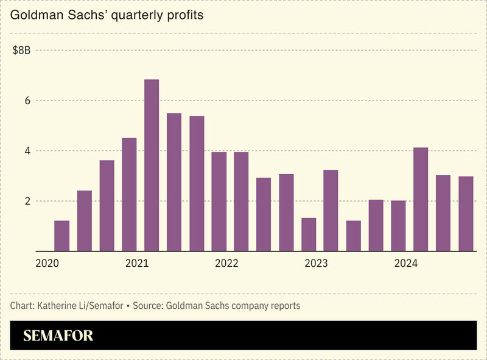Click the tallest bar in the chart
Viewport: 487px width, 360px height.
(x=152, y=165)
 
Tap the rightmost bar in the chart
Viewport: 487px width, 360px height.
(x=466, y=214)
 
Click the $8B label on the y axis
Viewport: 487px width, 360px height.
(x=21, y=51)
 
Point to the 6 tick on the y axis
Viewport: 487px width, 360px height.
(x=26, y=101)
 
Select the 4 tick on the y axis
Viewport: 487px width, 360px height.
(x=26, y=150)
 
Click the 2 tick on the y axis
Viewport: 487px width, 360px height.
(x=26, y=201)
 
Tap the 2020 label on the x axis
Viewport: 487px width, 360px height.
(x=47, y=264)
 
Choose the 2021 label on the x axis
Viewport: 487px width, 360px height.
(x=137, y=264)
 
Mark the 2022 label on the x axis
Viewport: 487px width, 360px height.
(x=226, y=264)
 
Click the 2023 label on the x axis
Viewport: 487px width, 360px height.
(x=316, y=264)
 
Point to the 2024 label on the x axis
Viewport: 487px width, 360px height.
(x=405, y=264)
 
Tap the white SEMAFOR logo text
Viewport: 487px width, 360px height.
(x=58, y=336)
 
